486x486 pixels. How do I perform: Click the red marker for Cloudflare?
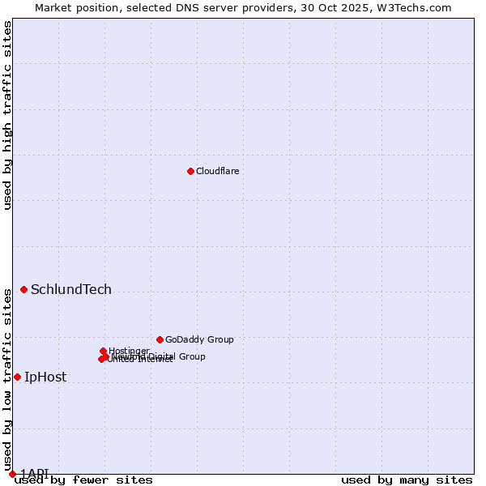click(x=190, y=171)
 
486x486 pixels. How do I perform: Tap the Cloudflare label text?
click(x=218, y=172)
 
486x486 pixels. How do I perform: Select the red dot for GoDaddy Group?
click(x=160, y=339)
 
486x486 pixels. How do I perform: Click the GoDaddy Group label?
click(x=199, y=340)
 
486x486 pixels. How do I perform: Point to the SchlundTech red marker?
click(x=23, y=289)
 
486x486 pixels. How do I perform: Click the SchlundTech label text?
click(x=71, y=290)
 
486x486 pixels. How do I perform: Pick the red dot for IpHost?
click(x=17, y=377)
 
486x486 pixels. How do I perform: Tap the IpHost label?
click(x=45, y=377)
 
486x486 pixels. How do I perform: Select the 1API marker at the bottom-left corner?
click(x=12, y=474)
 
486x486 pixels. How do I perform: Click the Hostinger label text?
click(x=129, y=351)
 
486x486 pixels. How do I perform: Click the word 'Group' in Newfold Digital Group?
click(x=192, y=356)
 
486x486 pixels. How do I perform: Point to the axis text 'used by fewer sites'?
click(x=83, y=480)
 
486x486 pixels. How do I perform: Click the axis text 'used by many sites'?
click(x=407, y=480)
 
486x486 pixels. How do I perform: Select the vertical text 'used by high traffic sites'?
click(x=8, y=115)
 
